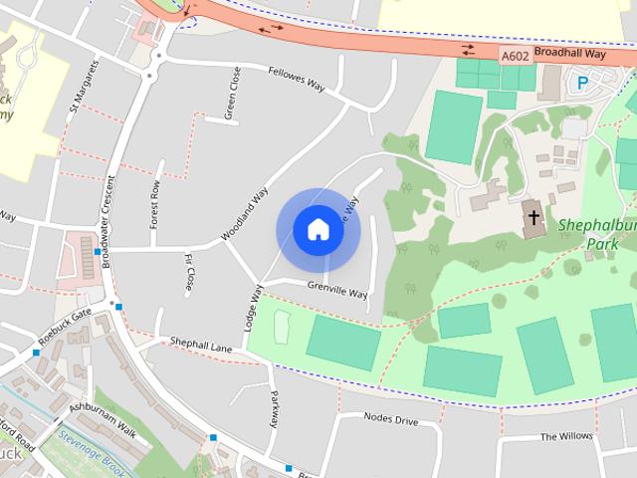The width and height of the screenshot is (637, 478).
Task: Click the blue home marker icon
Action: click(318, 229)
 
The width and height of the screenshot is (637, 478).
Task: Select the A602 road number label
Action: click(516, 57)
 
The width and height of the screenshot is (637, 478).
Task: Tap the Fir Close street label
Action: click(189, 273)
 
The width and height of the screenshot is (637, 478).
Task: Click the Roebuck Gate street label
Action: click(65, 327)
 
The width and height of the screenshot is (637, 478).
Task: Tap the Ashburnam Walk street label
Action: click(103, 416)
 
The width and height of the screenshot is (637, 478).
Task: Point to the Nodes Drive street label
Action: click(390, 419)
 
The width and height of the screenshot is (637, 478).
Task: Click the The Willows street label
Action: click(566, 436)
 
